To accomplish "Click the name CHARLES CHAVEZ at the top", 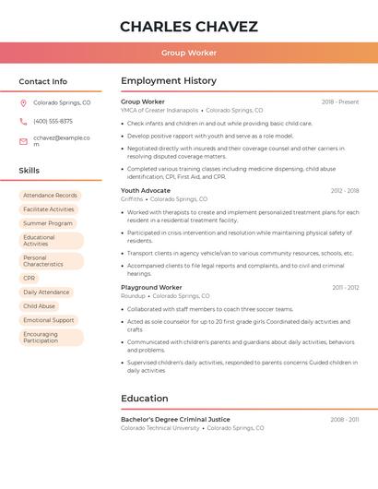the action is (189, 26).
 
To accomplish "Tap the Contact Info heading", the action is (43, 81).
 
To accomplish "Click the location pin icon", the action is (23, 103).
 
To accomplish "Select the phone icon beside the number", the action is (23, 121).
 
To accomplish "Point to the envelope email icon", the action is (23, 141).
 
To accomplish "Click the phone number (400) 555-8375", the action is (53, 121).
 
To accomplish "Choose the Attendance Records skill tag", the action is (50, 196).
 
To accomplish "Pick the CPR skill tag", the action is (30, 278).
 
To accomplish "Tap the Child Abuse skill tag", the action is (40, 305).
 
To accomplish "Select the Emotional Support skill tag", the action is (49, 320).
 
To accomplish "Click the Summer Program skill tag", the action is (48, 223).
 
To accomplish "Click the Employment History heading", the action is (169, 81).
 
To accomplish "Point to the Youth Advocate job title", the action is (146, 190).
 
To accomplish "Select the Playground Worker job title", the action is (151, 287).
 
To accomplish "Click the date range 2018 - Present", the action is (340, 101).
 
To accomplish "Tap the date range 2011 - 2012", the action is (346, 287).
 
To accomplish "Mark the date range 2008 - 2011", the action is (345, 419).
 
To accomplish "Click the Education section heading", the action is (145, 399).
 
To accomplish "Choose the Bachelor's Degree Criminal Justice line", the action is (175, 419).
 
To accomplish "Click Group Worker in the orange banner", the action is (189, 53).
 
